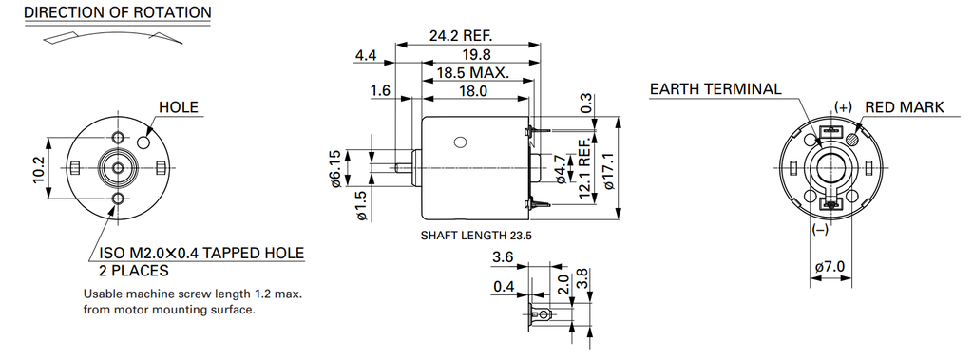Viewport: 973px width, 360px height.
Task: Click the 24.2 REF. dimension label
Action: point(461,35)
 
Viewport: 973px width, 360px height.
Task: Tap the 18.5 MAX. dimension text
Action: point(473,72)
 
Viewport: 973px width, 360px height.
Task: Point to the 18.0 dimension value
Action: point(473,91)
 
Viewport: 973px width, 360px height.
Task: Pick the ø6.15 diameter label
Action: point(335,168)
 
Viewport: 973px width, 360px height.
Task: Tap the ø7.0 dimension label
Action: point(830,267)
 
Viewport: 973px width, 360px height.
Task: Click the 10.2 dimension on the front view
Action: point(39,168)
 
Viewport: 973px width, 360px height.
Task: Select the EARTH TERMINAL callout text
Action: point(715,88)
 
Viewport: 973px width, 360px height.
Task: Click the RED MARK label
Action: point(905,106)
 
